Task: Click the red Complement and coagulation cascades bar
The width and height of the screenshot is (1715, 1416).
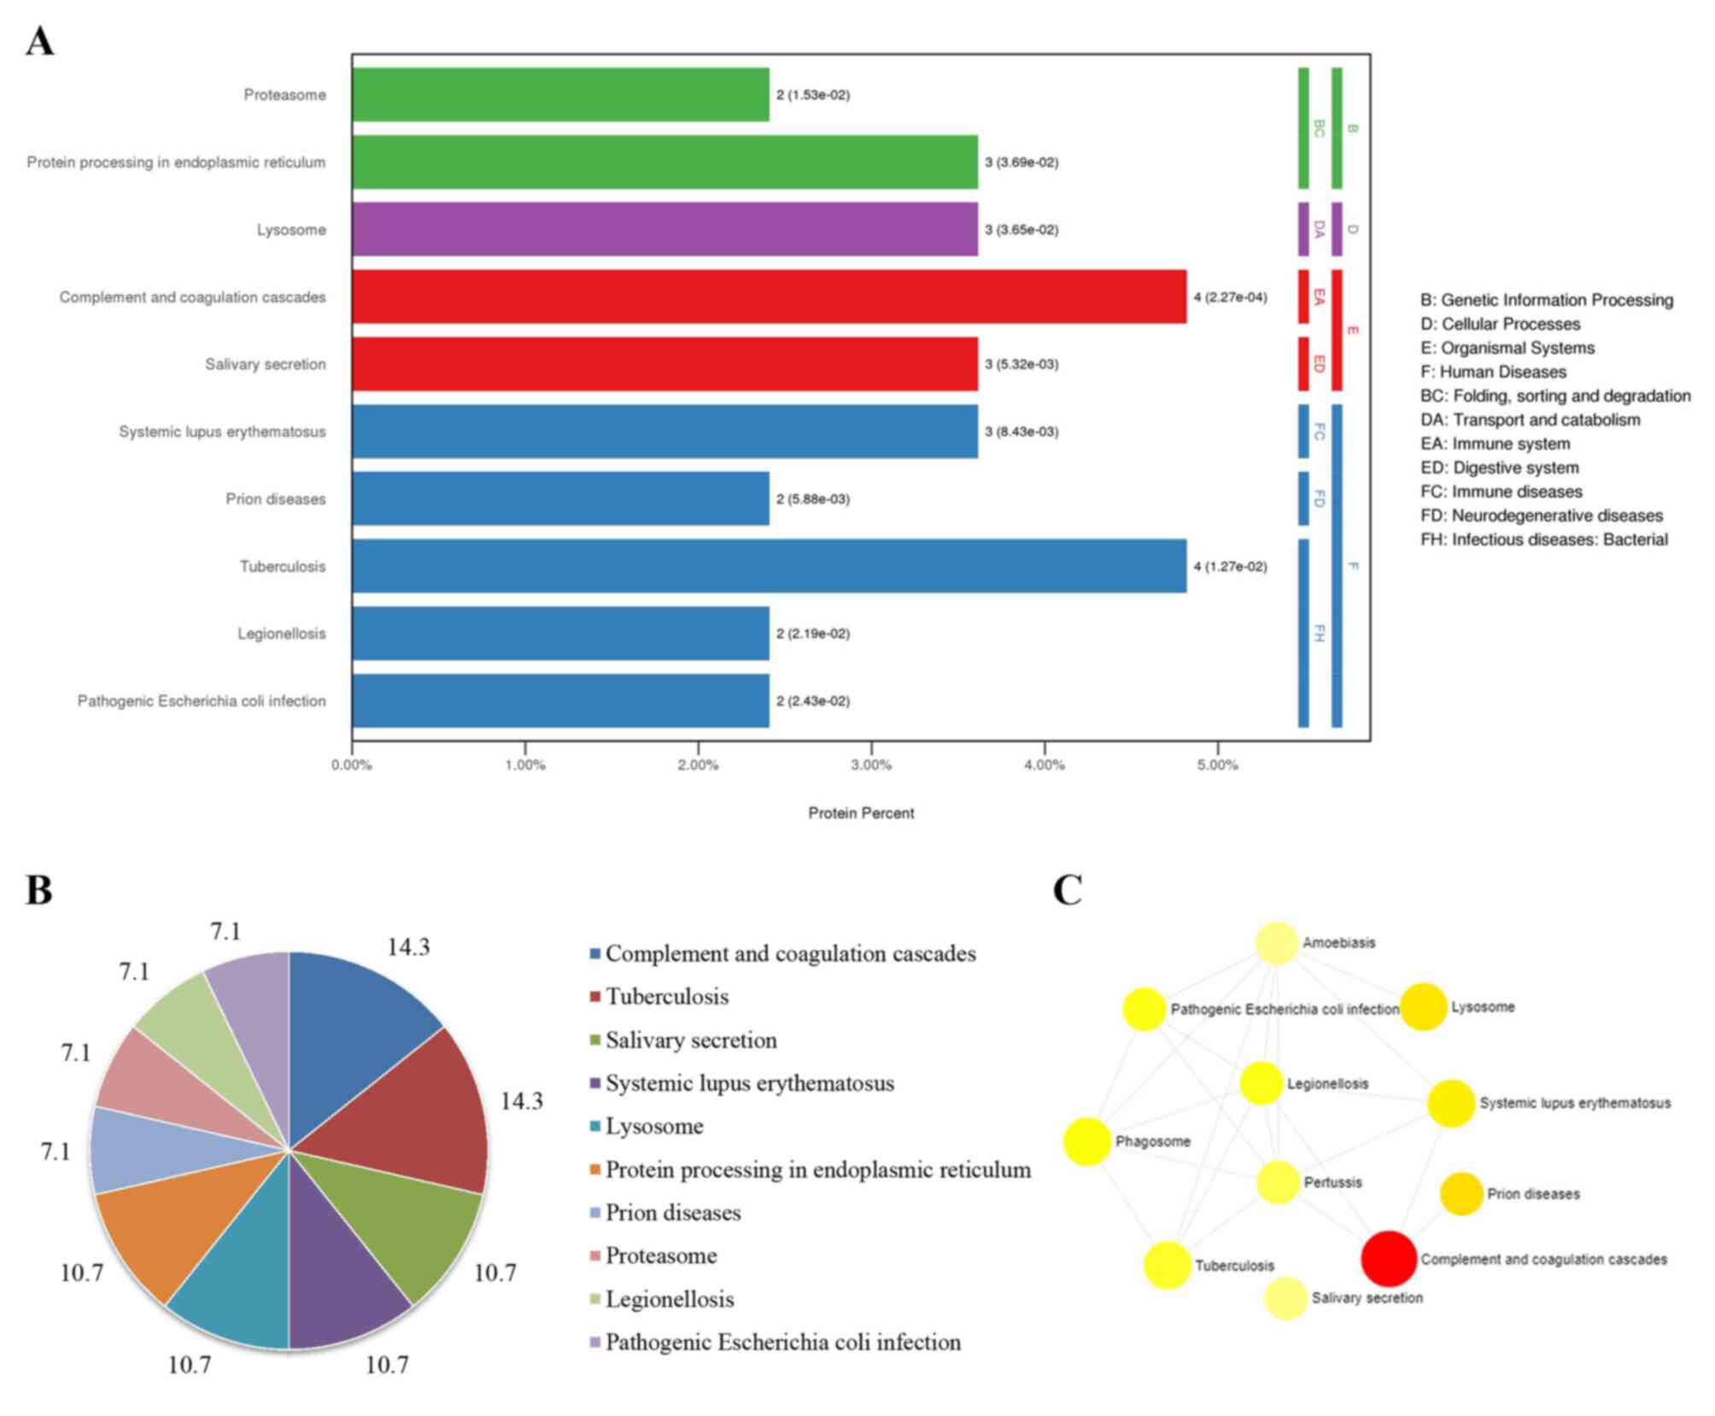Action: pyautogui.click(x=769, y=296)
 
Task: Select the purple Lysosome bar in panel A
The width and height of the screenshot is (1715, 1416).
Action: pyautogui.click(x=664, y=229)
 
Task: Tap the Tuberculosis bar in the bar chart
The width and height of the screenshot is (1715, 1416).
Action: pyautogui.click(x=769, y=565)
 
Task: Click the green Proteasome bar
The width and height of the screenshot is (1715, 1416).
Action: pyautogui.click(x=560, y=94)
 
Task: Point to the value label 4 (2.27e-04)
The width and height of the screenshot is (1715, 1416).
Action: pyautogui.click(x=1230, y=297)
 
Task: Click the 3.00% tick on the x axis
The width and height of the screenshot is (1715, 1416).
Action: pyautogui.click(x=871, y=765)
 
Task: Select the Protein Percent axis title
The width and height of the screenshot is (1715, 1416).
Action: pyautogui.click(x=861, y=813)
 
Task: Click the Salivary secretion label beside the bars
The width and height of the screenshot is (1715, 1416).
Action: pyautogui.click(x=265, y=365)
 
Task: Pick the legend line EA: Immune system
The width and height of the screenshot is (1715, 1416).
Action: pyautogui.click(x=1495, y=443)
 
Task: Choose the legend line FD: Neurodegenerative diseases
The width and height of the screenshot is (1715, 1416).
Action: pyautogui.click(x=1541, y=515)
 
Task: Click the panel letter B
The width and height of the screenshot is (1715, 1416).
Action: pyautogui.click(x=39, y=890)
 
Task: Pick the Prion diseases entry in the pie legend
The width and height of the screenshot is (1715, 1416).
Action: pyautogui.click(x=673, y=1213)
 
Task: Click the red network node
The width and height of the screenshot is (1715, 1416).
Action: pyautogui.click(x=1389, y=1259)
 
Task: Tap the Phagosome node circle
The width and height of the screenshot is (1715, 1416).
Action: pyautogui.click(x=1086, y=1141)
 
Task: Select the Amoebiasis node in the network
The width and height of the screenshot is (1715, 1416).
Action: pyautogui.click(x=1277, y=943)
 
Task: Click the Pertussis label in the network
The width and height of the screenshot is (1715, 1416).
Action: pyautogui.click(x=1332, y=1182)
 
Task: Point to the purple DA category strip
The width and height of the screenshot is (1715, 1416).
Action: pyautogui.click(x=1303, y=229)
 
